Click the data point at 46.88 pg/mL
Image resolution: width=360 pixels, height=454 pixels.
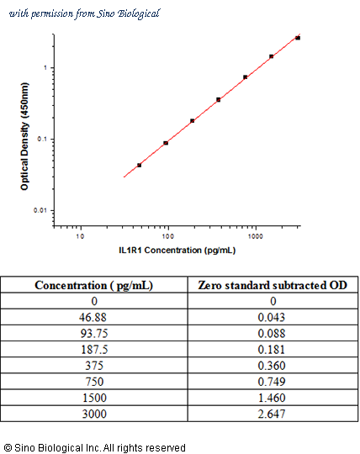(139, 166)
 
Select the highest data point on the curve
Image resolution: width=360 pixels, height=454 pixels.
(298, 38)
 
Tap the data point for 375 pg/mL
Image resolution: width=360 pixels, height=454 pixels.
(219, 100)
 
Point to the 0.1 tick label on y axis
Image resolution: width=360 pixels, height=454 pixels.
(42, 140)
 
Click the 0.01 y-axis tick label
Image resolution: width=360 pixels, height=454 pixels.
(40, 210)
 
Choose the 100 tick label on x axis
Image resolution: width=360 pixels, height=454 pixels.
(167, 236)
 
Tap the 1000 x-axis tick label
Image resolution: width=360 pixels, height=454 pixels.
(255, 236)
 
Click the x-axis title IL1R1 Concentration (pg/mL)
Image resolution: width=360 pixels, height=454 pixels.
(177, 251)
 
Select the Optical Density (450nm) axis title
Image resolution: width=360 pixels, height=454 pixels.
(24, 136)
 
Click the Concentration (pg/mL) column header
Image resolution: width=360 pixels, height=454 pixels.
(93, 286)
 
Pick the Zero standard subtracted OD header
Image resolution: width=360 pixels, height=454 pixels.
(273, 286)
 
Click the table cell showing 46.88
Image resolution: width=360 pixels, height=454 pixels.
(93, 317)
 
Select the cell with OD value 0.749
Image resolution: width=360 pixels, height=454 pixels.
(272, 382)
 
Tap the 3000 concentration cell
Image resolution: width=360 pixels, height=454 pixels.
(94, 414)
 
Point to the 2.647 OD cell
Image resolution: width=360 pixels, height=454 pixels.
(272, 414)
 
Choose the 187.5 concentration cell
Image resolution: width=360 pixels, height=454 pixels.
(94, 350)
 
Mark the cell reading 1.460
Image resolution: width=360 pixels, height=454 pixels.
(272, 398)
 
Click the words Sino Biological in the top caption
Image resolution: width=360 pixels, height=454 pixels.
(128, 13)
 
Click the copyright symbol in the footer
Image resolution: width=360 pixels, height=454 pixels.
(8, 447)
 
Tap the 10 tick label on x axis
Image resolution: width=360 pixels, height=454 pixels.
(80, 236)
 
